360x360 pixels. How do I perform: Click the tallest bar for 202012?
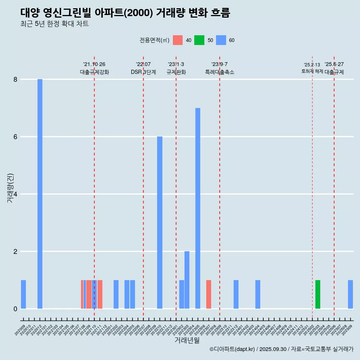coord(40,194)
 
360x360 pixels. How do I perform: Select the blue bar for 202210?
coord(160,222)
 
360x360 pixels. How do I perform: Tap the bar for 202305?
coord(198,208)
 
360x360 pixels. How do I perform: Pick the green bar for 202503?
coord(318,294)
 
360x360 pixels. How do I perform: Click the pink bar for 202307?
coord(208,294)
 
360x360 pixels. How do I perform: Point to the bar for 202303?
coord(187,280)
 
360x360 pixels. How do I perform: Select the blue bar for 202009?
coord(23,294)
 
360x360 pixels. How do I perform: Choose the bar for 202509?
coord(350,294)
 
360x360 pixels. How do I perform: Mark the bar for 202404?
coord(258,294)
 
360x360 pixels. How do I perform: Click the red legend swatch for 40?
coord(178,40)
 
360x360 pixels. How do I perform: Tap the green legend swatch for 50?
coord(199,40)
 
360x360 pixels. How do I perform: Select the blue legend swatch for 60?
coord(221,40)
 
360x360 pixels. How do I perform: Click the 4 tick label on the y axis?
coord(15,194)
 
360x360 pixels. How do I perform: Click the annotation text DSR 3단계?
coord(143,72)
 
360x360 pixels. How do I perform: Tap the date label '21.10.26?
coord(94,64)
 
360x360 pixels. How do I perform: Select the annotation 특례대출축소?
coord(220,72)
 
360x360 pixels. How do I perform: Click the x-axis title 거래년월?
coord(187,340)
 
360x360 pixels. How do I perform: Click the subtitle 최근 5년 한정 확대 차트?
coord(55,24)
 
